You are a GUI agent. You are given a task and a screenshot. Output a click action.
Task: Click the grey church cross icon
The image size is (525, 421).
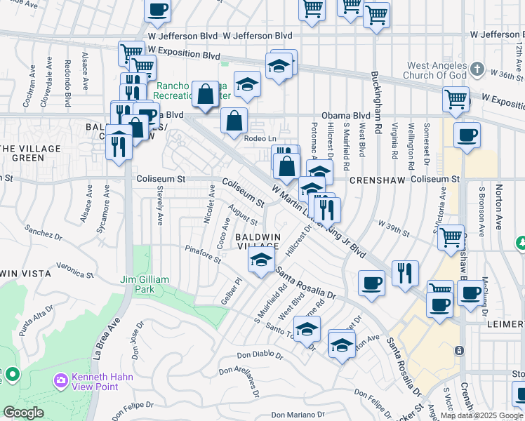coord(478,69)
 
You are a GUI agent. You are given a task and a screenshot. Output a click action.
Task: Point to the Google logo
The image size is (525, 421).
coord(23,413)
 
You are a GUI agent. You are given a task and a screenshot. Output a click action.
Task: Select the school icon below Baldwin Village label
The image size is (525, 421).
coord(261,261)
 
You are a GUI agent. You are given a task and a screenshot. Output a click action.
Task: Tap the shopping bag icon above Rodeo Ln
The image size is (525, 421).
coord(234,120)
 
